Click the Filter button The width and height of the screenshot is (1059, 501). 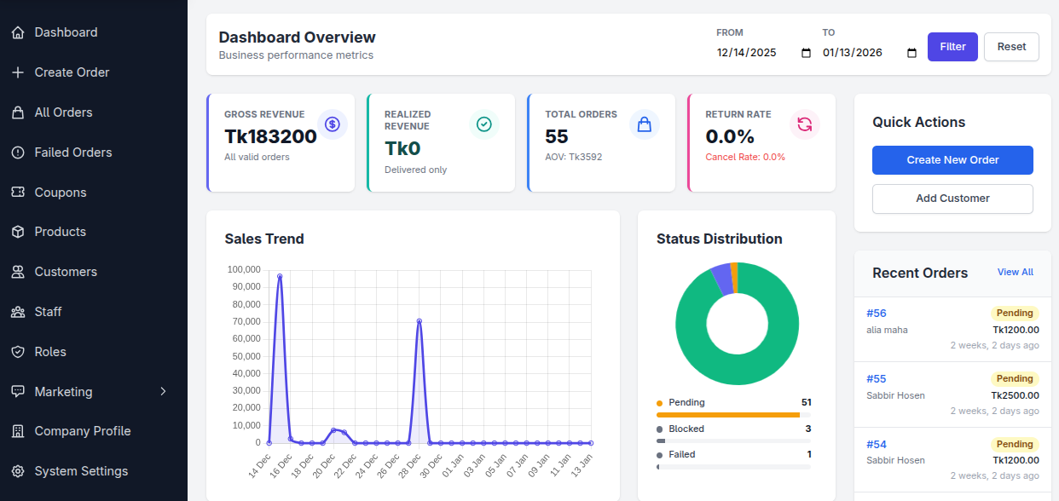coord(952,47)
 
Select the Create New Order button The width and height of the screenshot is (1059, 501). coord(952,160)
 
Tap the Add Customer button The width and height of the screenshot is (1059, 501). coord(952,199)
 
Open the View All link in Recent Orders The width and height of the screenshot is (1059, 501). coord(1015,273)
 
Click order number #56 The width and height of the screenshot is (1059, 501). coord(877,314)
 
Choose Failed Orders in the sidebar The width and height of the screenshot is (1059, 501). coord(72,153)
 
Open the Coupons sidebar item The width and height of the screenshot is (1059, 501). coord(60,193)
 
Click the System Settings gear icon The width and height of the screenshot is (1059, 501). coord(17,471)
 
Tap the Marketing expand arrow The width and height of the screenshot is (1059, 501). coord(163,392)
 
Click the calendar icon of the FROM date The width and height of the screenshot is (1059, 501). coord(806,53)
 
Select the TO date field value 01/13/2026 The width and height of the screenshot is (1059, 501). coord(852,53)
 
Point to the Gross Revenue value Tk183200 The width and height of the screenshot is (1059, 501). coord(270,136)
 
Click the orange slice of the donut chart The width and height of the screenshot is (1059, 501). coord(734,277)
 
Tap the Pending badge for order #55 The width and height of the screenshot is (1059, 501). coord(1015,379)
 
